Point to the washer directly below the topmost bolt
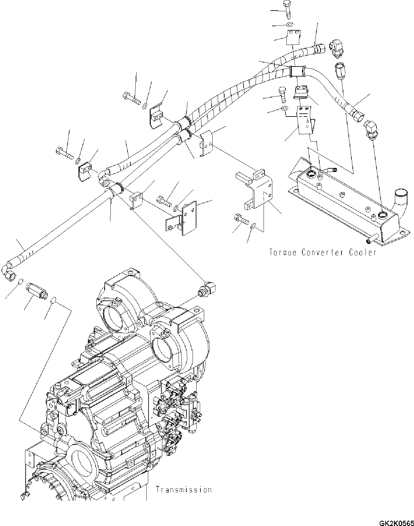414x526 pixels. pyautogui.click(x=290, y=25)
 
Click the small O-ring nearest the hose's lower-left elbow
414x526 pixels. pyautogui.click(x=20, y=281)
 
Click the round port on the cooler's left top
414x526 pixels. pyautogui.click(x=312, y=174)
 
